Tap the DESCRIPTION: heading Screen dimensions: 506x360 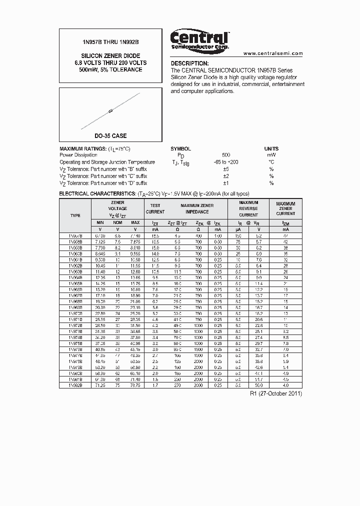[x=190, y=63]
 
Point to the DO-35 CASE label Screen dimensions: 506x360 [x=110, y=135]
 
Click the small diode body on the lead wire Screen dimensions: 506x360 [x=110, y=111]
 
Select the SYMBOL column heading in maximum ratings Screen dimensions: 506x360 [x=180, y=148]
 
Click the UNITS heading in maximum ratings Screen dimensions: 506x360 [x=271, y=148]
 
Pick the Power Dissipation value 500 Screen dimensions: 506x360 [x=226, y=155]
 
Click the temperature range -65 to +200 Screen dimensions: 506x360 [x=226, y=162]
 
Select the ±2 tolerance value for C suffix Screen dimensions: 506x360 [x=226, y=176]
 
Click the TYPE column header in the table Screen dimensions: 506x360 [x=75, y=215]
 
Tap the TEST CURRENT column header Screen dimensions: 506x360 [x=155, y=208]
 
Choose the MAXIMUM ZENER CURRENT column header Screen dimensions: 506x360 [x=285, y=208]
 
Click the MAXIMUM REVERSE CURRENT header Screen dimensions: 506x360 [x=248, y=208]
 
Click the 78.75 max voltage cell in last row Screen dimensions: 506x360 [x=135, y=385]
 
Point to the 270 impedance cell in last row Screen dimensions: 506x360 [x=177, y=385]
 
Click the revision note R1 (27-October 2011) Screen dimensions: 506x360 [x=275, y=393]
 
